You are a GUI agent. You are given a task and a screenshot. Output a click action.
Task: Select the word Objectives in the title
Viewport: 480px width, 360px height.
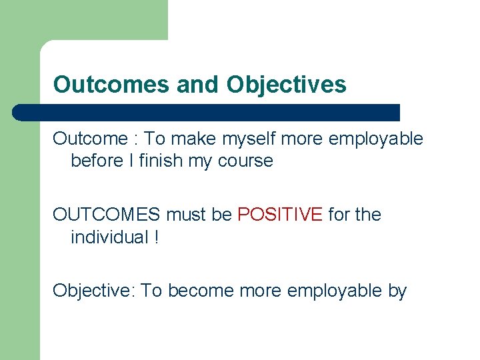coord(287,85)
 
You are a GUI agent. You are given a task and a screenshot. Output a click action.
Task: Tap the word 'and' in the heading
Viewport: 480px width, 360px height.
coord(199,85)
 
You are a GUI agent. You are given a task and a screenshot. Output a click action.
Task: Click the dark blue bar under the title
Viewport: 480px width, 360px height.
coord(206,113)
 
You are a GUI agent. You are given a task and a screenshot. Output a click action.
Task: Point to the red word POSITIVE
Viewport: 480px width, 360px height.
coord(280,215)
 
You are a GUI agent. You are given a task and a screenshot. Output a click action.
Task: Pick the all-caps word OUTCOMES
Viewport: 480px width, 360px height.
coord(107,215)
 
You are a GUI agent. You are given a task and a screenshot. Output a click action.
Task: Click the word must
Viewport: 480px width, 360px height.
coord(185,215)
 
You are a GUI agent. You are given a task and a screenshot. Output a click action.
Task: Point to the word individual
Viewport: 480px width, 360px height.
coord(109,237)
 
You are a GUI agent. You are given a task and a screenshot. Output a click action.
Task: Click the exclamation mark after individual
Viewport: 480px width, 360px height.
coord(156,237)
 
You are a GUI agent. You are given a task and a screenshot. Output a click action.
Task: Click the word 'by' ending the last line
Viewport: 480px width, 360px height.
coord(397,291)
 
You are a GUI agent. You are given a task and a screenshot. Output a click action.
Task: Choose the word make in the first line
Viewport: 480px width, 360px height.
coord(194,139)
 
